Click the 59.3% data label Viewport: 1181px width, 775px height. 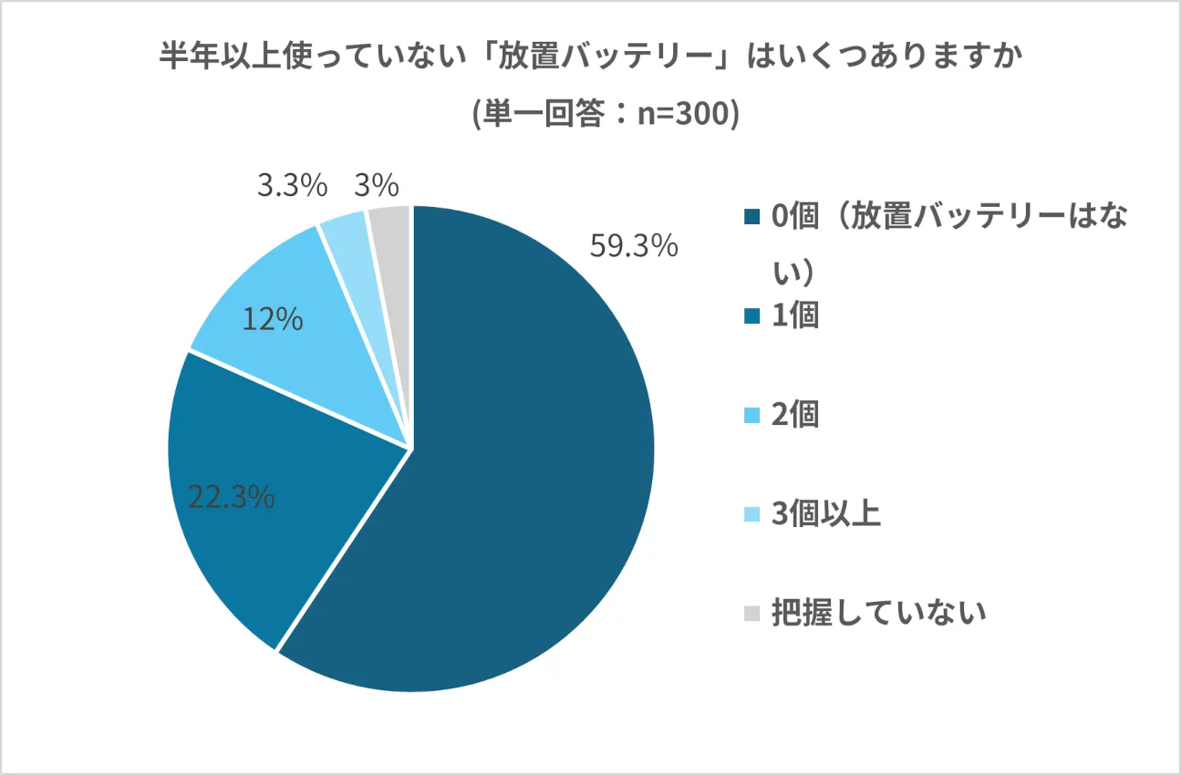(x=634, y=246)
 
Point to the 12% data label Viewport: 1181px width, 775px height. (x=273, y=320)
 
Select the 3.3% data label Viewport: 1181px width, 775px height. (x=292, y=187)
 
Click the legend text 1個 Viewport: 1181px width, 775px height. (x=795, y=315)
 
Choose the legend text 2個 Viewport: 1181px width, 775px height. (x=795, y=415)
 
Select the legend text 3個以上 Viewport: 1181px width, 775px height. (x=825, y=514)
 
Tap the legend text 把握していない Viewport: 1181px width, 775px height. (x=878, y=613)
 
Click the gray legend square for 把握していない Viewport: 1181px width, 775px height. (x=751, y=614)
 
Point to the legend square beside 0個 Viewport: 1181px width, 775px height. (x=751, y=217)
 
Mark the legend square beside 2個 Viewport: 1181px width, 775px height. (x=751, y=416)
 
